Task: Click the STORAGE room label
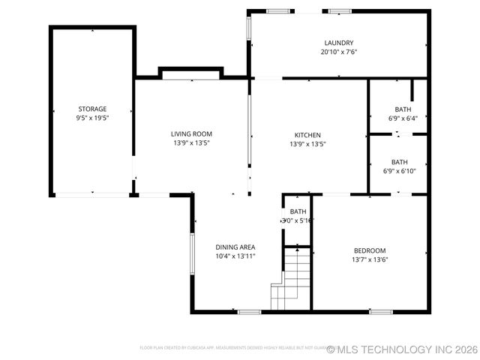click(x=92, y=109)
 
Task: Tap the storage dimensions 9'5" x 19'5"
click(x=92, y=118)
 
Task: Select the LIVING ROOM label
click(x=191, y=133)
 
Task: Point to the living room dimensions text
click(x=191, y=142)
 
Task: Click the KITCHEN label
click(x=307, y=135)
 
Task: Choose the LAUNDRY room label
click(x=338, y=43)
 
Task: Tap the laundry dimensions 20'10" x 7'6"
click(x=338, y=52)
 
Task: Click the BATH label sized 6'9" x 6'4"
click(x=398, y=109)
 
